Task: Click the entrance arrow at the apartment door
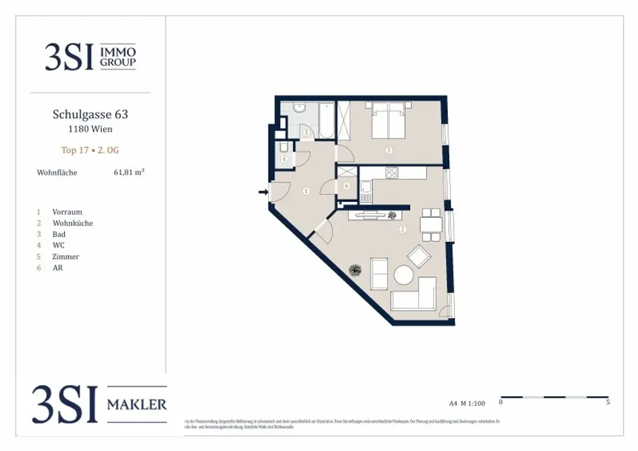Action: [263, 192]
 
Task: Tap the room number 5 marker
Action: [389, 150]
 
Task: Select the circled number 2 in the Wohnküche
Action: [402, 229]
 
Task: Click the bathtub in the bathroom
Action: [327, 121]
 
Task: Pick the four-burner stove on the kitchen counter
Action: [392, 173]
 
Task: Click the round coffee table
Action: [404, 275]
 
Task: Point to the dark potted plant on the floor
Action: [356, 270]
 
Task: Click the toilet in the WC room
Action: [283, 148]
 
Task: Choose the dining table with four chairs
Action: [431, 224]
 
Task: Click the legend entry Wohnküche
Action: [73, 223]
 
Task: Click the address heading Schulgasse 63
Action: [90, 115]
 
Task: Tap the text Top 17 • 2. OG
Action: [90, 150]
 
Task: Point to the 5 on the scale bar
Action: [607, 402]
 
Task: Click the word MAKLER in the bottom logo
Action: [137, 405]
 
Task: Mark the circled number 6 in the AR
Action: [347, 186]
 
